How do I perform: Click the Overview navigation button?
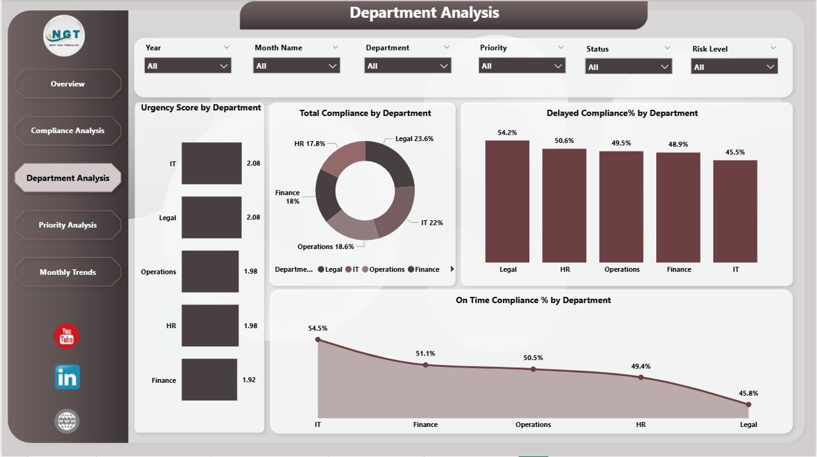[68, 84]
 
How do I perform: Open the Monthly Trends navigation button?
[68, 272]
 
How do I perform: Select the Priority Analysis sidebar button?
[68, 225]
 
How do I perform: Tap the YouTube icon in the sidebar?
[67, 337]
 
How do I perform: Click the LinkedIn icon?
[67, 377]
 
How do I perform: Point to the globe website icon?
[67, 421]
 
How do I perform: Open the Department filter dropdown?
[408, 66]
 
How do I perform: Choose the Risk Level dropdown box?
[734, 66]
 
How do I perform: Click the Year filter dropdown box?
[188, 66]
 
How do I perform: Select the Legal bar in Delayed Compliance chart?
[507, 201]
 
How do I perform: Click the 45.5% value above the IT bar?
[735, 152]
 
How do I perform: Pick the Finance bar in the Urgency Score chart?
[209, 380]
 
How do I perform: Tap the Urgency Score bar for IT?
[211, 163]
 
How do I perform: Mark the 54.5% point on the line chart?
[318, 340]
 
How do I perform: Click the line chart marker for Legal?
[748, 404]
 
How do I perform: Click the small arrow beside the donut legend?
[453, 269]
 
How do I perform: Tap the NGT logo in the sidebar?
[64, 35]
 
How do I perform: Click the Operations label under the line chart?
[533, 424]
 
